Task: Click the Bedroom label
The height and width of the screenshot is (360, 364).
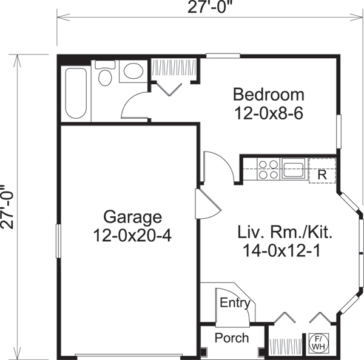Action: pos(269,95)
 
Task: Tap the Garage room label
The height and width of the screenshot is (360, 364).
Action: pos(132,216)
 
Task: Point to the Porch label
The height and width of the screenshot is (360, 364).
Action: pos(232,338)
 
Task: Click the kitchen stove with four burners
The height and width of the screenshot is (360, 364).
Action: pos(268,168)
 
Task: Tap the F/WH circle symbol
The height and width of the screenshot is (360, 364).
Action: pos(317,342)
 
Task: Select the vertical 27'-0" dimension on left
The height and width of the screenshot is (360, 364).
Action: pos(8,207)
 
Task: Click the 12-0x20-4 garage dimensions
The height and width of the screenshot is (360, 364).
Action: pos(133,235)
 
